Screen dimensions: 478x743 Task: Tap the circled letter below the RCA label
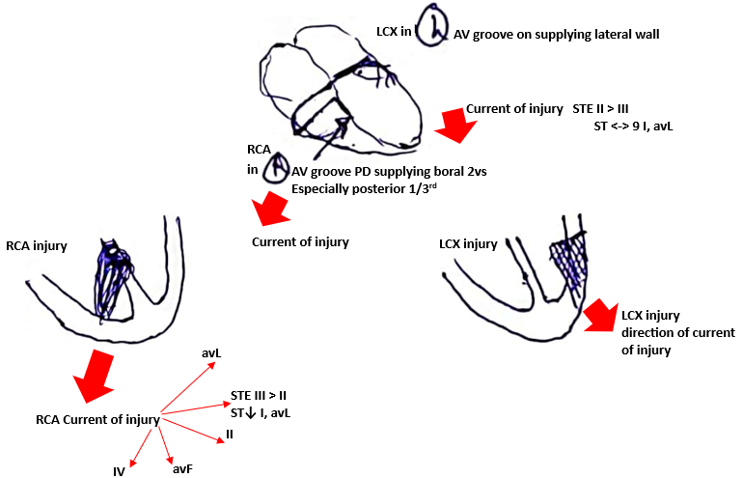click(x=276, y=169)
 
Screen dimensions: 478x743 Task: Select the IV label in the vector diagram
click(x=119, y=471)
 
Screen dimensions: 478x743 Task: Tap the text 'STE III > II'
click(x=262, y=396)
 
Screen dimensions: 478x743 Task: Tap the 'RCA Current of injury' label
click(x=96, y=420)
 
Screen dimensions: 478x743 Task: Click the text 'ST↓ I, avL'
click(x=261, y=412)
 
